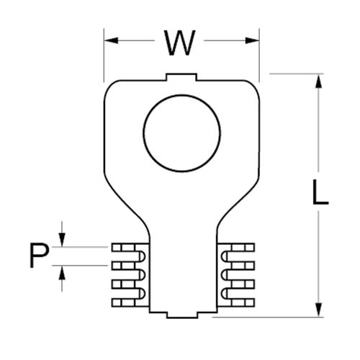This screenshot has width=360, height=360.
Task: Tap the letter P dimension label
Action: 40,256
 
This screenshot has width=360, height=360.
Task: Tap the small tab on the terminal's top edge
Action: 181,76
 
